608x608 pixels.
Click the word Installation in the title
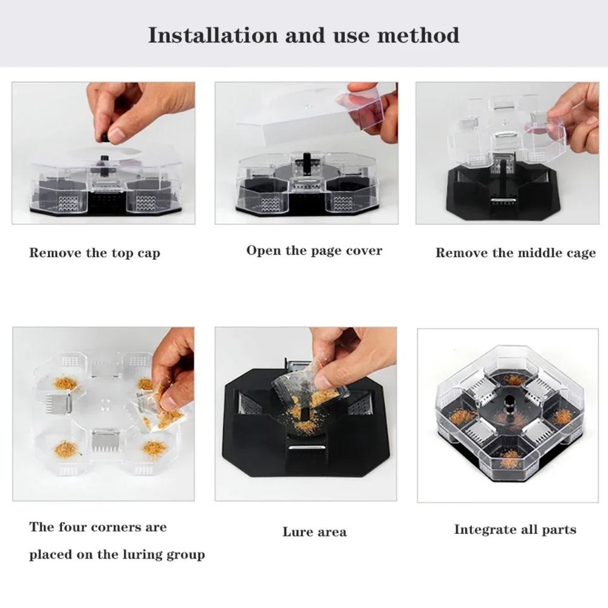point(213,35)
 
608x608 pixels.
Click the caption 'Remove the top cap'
point(94,253)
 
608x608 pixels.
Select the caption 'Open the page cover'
point(314,251)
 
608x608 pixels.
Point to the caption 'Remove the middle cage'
point(516,253)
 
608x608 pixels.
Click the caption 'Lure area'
point(315,531)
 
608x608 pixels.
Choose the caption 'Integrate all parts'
point(515,529)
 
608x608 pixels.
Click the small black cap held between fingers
point(104,137)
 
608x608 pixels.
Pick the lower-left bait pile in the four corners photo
point(66,450)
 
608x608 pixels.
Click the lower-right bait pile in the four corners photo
point(154,448)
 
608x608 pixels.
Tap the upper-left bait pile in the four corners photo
point(65,383)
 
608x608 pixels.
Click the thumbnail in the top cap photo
point(115,134)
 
